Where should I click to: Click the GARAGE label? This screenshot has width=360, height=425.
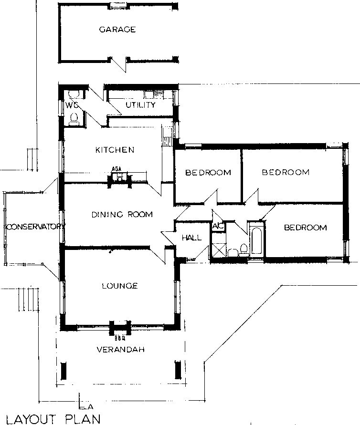click(x=117, y=29)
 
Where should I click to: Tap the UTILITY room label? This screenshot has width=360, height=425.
click(x=140, y=104)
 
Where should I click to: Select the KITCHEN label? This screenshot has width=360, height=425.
click(x=115, y=150)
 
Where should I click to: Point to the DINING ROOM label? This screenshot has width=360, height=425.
click(x=122, y=214)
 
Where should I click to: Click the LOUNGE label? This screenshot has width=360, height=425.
click(x=120, y=286)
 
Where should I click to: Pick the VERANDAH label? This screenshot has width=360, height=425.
click(x=120, y=349)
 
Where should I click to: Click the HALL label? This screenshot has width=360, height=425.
click(x=191, y=238)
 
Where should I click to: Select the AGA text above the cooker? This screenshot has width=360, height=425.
click(x=116, y=169)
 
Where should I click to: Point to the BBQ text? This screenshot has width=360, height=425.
click(x=120, y=338)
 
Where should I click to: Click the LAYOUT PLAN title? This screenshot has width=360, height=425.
click(x=53, y=419)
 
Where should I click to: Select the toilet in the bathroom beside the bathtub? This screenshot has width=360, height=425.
click(x=244, y=250)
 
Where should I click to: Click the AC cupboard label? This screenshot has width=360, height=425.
click(x=218, y=226)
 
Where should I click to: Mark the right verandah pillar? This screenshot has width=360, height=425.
click(x=178, y=370)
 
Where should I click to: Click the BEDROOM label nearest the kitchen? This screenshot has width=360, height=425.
click(x=208, y=172)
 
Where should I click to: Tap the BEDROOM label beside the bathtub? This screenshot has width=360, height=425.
click(x=306, y=227)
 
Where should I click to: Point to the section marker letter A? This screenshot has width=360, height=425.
click(x=90, y=406)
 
